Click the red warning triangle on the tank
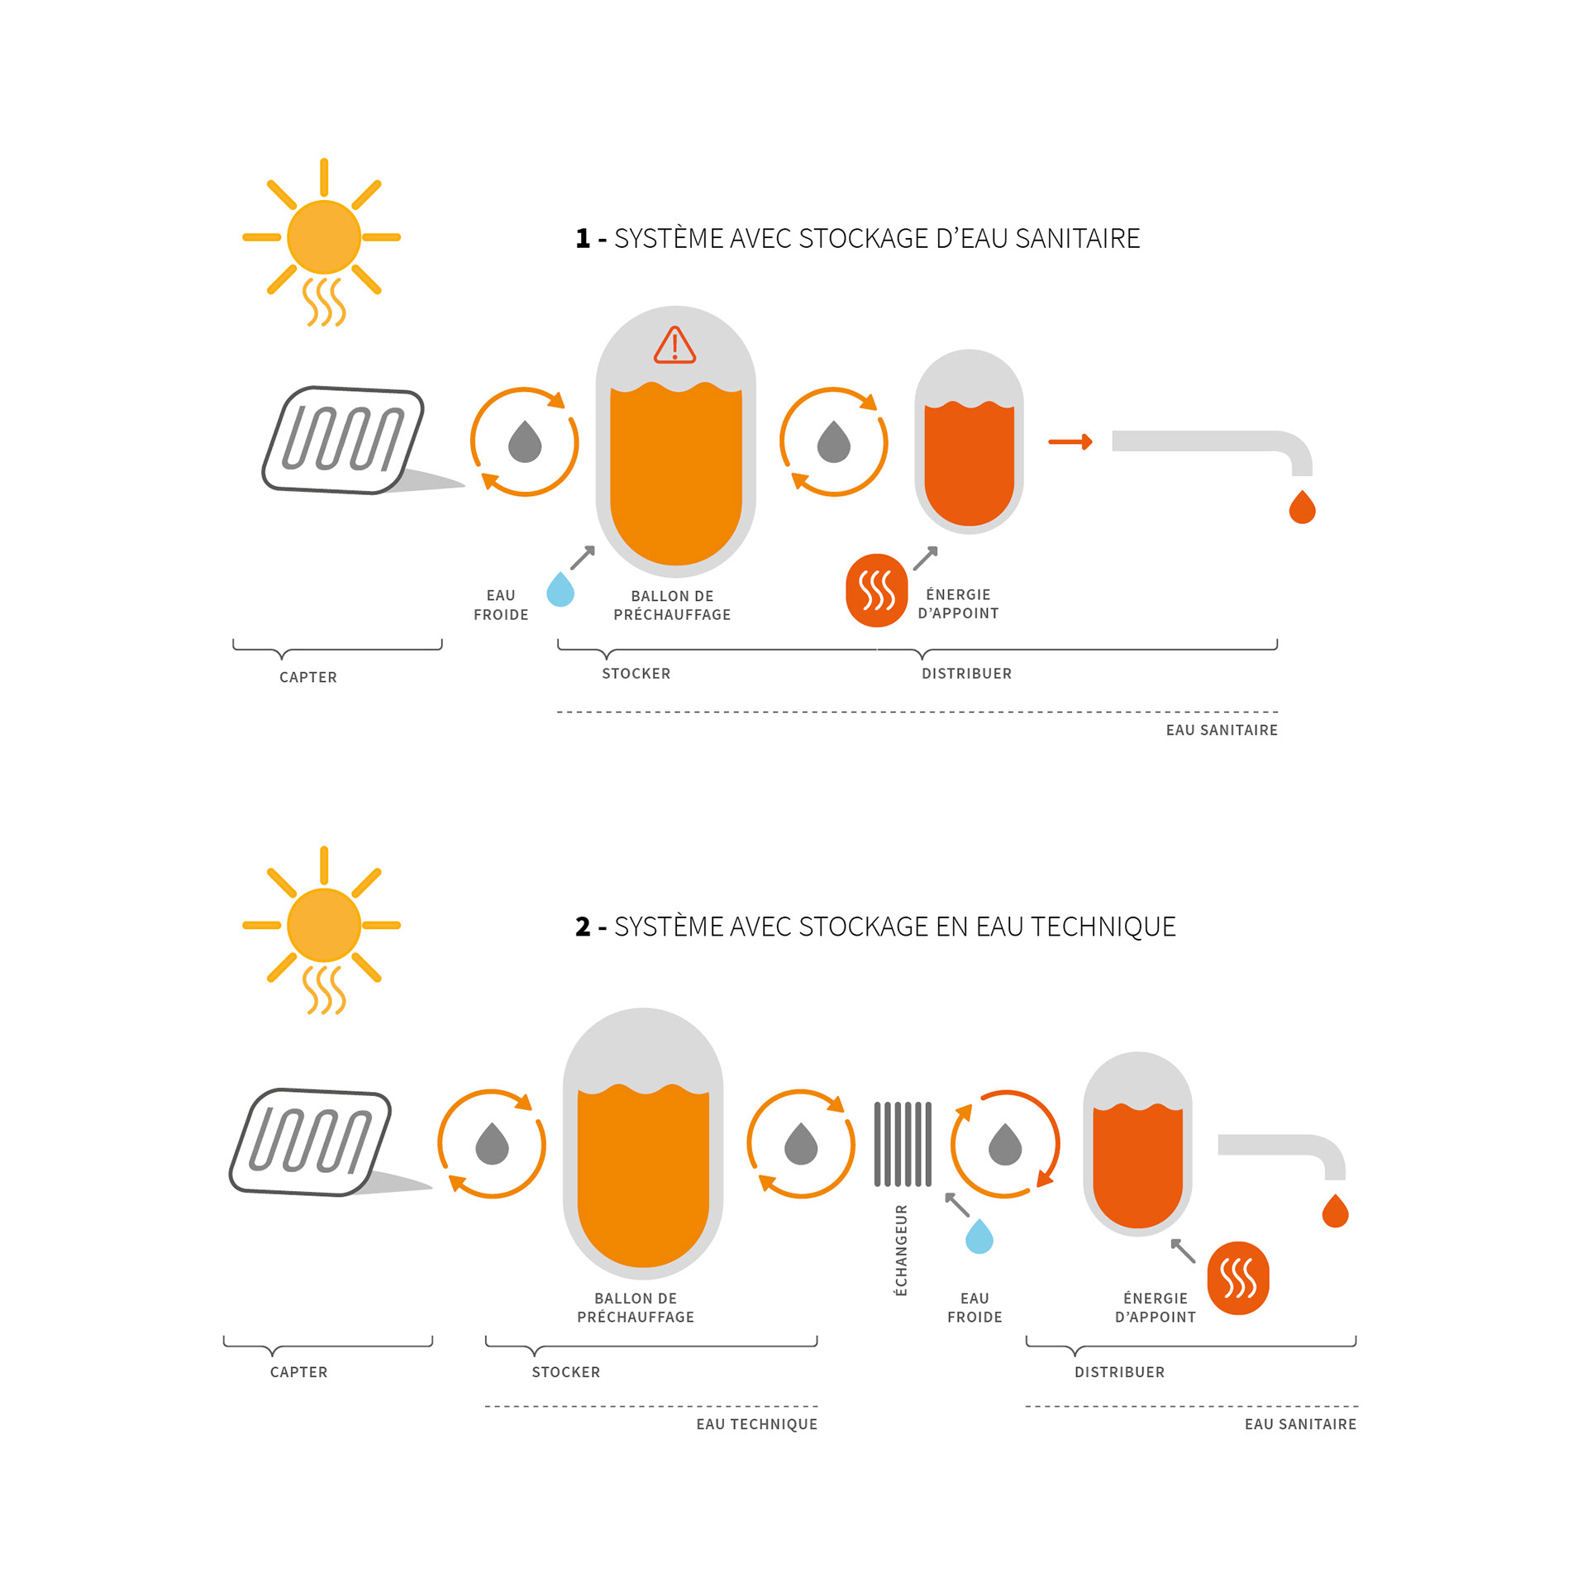tap(674, 346)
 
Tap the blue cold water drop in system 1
tap(560, 590)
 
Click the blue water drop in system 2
tap(979, 1237)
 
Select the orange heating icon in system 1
tap(876, 590)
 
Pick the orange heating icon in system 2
tap(1238, 1278)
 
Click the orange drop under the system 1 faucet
tap(1302, 508)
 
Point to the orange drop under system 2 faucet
tap(1335, 1212)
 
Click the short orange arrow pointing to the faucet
tap(1070, 442)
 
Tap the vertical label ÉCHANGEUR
tap(901, 1250)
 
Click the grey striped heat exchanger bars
tap(903, 1144)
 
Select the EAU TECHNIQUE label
tap(756, 1424)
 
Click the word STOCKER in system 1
tap(636, 674)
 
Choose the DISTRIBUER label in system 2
tap(1119, 1372)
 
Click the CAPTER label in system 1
tap(308, 677)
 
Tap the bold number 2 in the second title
tap(583, 927)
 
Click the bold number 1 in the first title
tap(583, 239)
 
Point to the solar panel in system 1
tap(343, 440)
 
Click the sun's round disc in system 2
tap(323, 925)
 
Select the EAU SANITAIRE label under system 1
tap(1221, 730)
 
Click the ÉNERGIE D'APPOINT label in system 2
tap(1155, 1308)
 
